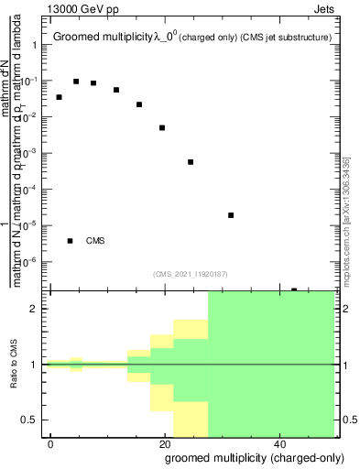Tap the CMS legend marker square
pyautogui.click(x=70, y=241)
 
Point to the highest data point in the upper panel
pyautogui.click(x=76, y=82)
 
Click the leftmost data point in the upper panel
pyautogui.click(x=59, y=97)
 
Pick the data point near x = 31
pyautogui.click(x=231, y=215)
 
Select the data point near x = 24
pyautogui.click(x=191, y=162)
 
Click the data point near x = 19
pyautogui.click(x=162, y=127)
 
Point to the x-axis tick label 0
pyautogui.click(x=50, y=443)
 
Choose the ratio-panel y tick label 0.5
pyautogui.click(x=35, y=420)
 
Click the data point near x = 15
pyautogui.click(x=139, y=104)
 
